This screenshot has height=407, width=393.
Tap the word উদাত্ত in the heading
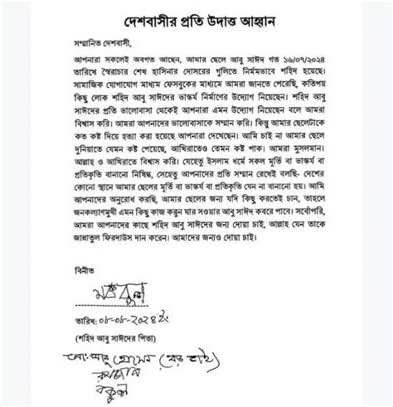click(216, 18)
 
